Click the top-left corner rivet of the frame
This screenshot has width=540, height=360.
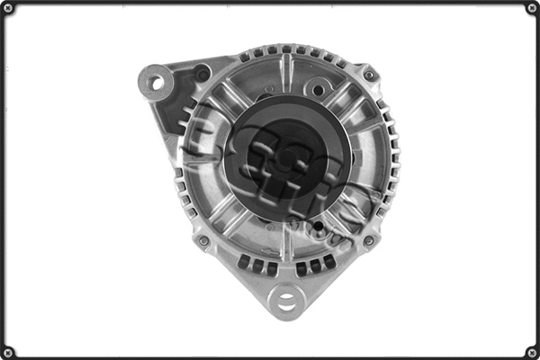click(x=8, y=8)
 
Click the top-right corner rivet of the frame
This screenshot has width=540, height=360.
click(x=532, y=8)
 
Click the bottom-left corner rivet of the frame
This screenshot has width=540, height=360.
click(x=8, y=352)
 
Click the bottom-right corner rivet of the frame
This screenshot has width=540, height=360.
click(x=532, y=352)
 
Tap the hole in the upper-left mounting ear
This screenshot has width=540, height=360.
click(x=156, y=83)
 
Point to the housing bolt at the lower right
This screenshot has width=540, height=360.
click(x=368, y=240)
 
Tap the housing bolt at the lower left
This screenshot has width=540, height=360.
click(x=203, y=240)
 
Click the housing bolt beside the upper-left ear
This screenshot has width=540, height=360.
click(x=202, y=72)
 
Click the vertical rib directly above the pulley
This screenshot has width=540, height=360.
click(x=286, y=72)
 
